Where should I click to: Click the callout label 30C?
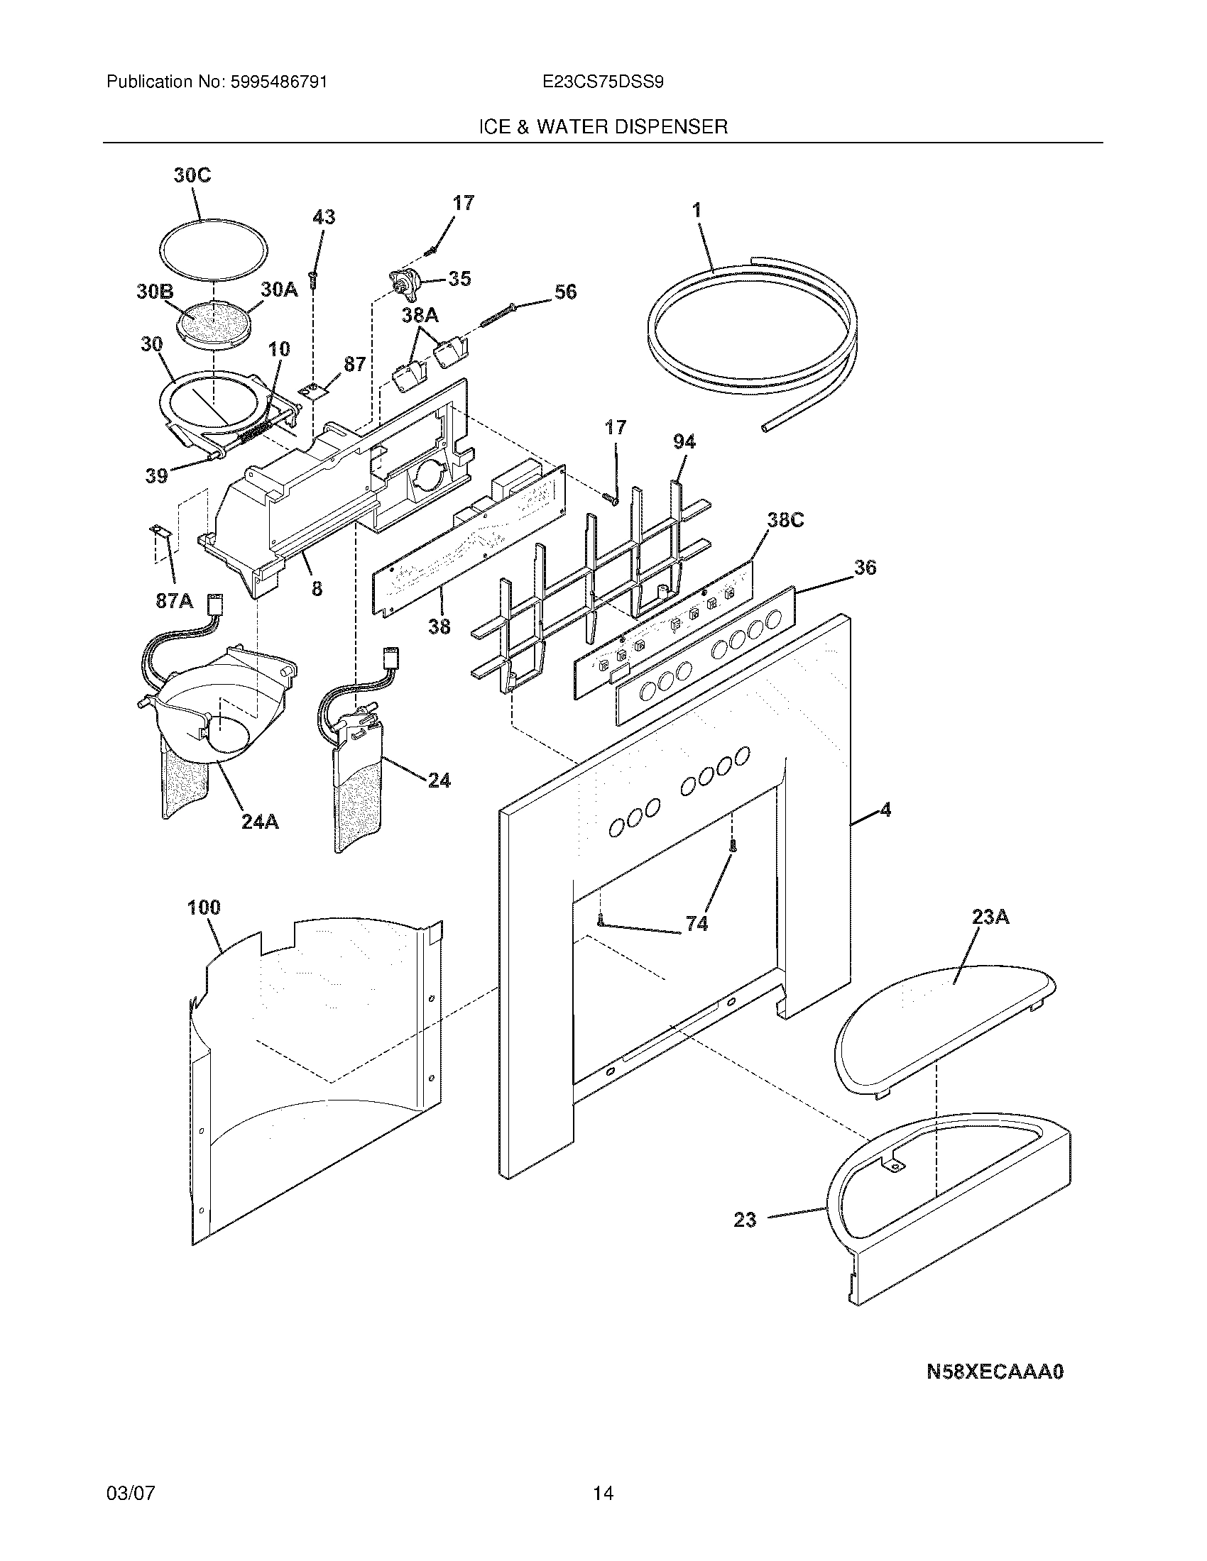click(x=192, y=175)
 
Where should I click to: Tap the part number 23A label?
click(x=990, y=917)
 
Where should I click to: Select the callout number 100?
click(x=204, y=908)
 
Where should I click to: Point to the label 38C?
click(x=785, y=520)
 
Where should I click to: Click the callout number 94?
click(x=684, y=443)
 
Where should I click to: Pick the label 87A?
click(x=175, y=601)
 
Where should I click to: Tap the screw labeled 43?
click(x=313, y=278)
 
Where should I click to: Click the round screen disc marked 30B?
click(x=214, y=323)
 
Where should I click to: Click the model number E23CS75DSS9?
click(x=603, y=82)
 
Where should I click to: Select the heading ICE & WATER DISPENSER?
click(x=603, y=127)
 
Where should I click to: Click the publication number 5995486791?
click(x=279, y=82)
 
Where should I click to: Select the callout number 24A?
click(x=259, y=822)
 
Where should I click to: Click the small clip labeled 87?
click(x=310, y=390)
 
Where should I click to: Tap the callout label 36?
click(x=865, y=568)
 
